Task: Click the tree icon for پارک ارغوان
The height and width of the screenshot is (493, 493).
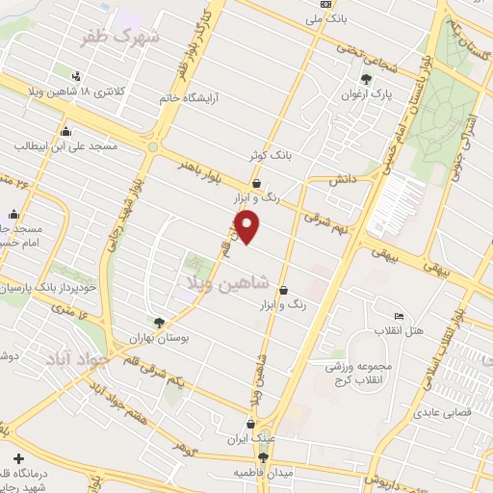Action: (x=365, y=80)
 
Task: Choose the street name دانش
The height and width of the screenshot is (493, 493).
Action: (x=342, y=180)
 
